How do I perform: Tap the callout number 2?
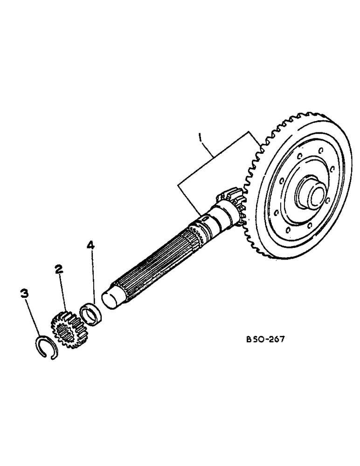pyautogui.click(x=58, y=269)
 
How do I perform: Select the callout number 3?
pyautogui.click(x=24, y=294)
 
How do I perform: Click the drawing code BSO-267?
pyautogui.click(x=265, y=339)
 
